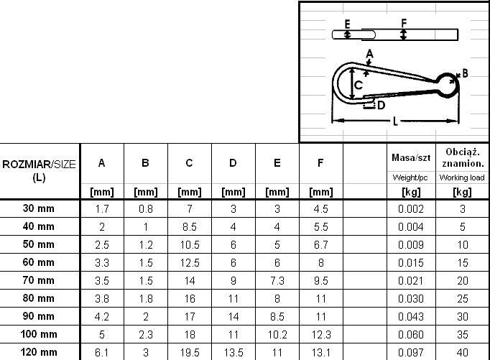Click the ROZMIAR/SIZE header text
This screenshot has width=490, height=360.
[x=39, y=165]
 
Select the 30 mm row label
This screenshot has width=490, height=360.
[x=39, y=208]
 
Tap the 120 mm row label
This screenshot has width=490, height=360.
[x=39, y=352]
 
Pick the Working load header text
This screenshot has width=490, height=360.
[x=461, y=177]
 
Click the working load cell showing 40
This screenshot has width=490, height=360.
[x=462, y=352]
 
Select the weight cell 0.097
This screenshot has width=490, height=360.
[x=411, y=352]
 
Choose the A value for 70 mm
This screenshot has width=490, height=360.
[x=101, y=280]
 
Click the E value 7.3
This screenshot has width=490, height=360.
[x=277, y=280]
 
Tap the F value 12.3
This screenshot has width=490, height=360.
[x=320, y=334]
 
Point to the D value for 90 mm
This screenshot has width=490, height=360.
[x=233, y=316]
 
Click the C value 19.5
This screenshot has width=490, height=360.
[x=189, y=352]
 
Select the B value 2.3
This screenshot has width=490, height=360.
[x=145, y=334]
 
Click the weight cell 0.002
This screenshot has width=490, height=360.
[x=411, y=208]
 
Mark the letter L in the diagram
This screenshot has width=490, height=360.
[x=395, y=122]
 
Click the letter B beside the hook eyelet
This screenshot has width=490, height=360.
[x=465, y=73]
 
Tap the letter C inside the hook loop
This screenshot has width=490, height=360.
[x=358, y=85]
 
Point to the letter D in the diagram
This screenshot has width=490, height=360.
[x=381, y=105]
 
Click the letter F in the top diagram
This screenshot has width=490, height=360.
[x=403, y=23]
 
